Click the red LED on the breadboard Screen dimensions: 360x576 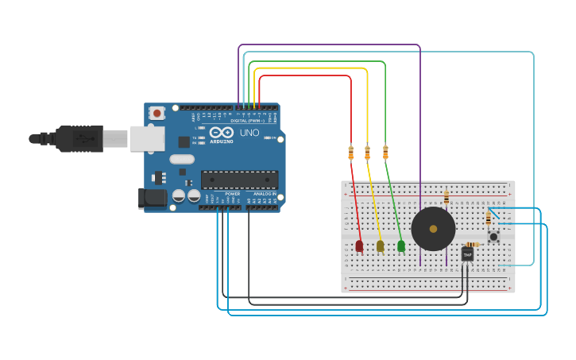point(359,246)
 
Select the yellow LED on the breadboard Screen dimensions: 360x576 point(380,246)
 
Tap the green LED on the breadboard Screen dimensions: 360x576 point(401,246)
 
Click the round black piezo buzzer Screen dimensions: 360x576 point(433,229)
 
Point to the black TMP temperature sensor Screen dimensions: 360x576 point(467,254)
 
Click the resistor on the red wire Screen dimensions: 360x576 point(350,153)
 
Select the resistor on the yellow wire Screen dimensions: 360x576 point(367,153)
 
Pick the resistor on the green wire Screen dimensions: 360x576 point(385,152)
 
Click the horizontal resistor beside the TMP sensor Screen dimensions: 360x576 point(472,244)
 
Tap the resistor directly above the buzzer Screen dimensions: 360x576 point(446,197)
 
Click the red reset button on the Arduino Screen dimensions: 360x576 point(157,114)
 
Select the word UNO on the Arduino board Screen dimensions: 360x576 point(249,133)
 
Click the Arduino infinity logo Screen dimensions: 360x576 point(222,133)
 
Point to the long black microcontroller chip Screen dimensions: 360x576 point(239,180)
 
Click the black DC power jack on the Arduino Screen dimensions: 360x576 point(152,198)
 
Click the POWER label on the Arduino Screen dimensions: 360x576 point(232,194)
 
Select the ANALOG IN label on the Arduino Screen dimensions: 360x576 point(265,194)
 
